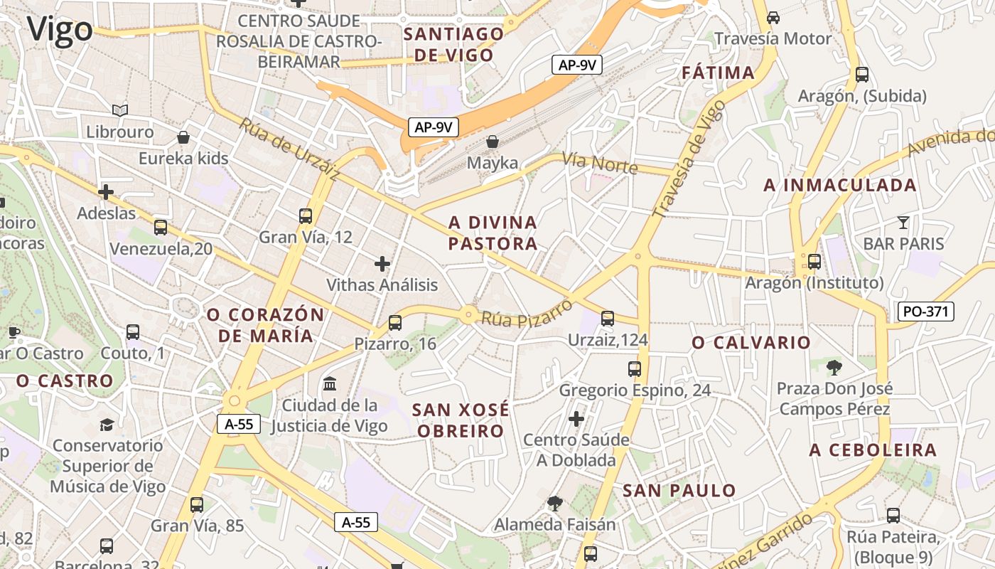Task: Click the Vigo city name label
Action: click(60, 30)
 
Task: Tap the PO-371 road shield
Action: click(925, 311)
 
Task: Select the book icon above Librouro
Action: click(120, 110)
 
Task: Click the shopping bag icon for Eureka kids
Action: click(183, 137)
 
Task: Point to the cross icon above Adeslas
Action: click(106, 191)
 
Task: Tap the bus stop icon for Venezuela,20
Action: click(161, 228)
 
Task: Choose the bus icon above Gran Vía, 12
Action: click(306, 216)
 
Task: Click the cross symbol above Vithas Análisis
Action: click(382, 264)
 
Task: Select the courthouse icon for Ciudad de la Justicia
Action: click(330, 384)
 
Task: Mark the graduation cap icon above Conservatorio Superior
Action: click(107, 425)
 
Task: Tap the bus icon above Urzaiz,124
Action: click(608, 318)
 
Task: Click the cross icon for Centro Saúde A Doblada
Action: click(576, 418)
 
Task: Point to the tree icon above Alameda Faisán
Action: click(555, 504)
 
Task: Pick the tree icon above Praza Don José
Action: click(834, 367)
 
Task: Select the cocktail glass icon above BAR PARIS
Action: click(903, 223)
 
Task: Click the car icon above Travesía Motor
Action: click(773, 17)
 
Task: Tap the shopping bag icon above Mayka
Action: click(493, 142)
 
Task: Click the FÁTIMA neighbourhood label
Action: click(718, 73)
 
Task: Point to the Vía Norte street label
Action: click(600, 164)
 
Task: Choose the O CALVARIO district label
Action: click(751, 343)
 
